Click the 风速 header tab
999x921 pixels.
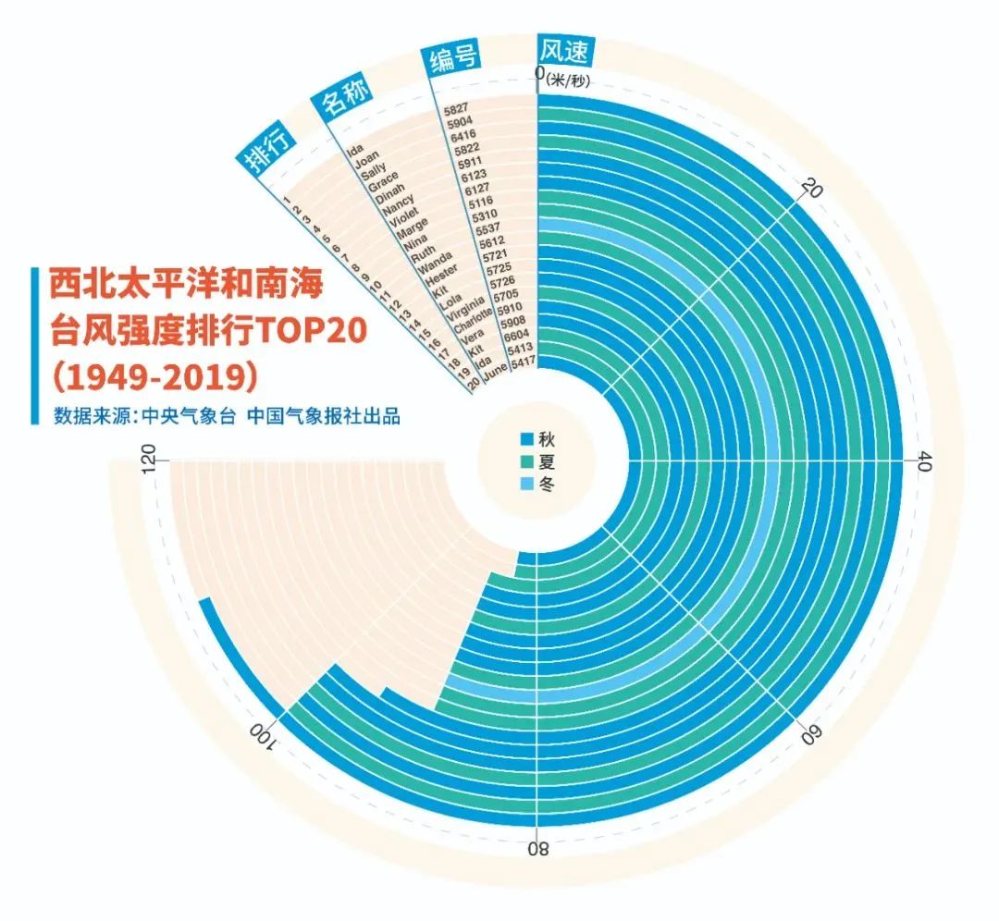pos(565,50)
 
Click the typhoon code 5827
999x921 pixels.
pos(456,108)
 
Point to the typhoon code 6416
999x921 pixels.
pos(463,135)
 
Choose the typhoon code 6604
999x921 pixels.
pos(516,335)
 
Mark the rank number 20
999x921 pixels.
pos(474,384)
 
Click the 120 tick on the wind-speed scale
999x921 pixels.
pos(148,459)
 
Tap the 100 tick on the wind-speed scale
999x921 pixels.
pos(260,736)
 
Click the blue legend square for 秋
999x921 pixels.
pos(527,439)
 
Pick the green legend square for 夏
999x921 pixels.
pos(527,461)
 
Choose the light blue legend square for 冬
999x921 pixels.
pos(527,484)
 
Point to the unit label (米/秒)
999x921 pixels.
pos(567,80)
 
